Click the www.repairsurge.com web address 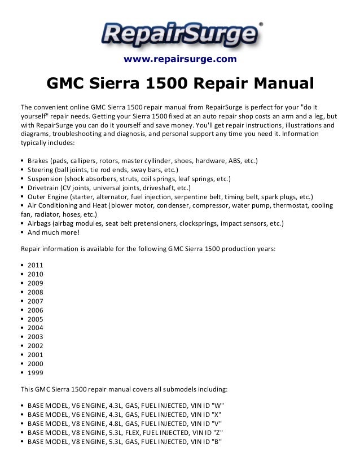click(180, 59)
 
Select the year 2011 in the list click(35, 265)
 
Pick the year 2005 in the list click(35, 319)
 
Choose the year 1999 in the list click(35, 373)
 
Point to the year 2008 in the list click(35, 292)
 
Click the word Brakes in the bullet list click(38, 161)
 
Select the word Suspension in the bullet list click(45, 179)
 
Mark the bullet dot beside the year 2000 click(21, 364)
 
